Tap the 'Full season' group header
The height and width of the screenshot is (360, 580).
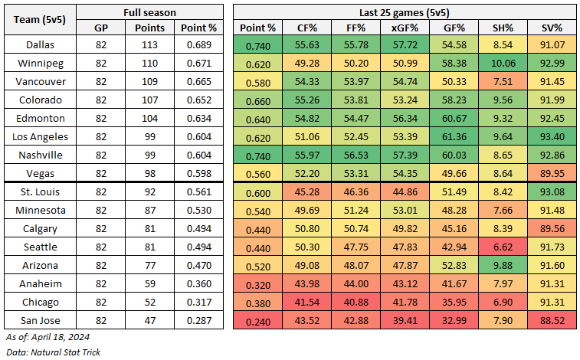[x=150, y=12]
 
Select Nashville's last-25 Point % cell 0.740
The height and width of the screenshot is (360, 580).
[x=252, y=155]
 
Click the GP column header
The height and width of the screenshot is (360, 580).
[x=100, y=28]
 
